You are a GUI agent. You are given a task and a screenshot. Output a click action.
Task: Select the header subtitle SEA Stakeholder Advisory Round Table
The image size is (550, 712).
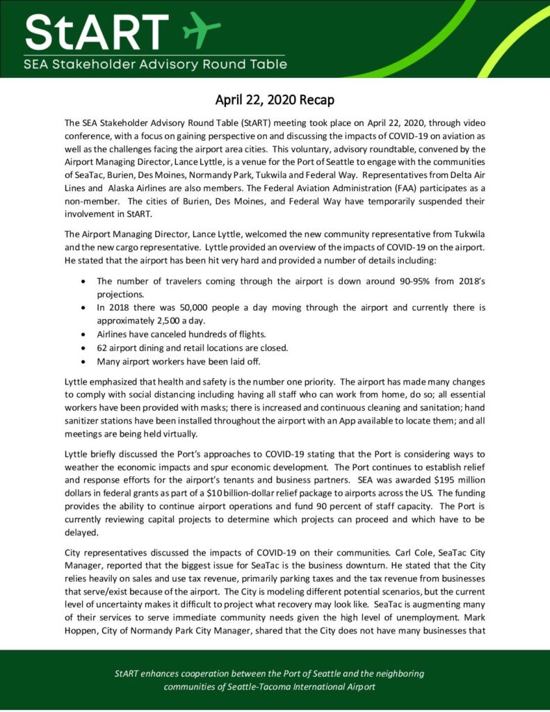(x=155, y=65)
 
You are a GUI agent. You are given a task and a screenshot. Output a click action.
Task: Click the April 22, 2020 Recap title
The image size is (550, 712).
(x=274, y=99)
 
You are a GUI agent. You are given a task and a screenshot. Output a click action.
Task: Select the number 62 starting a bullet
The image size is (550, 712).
(x=102, y=348)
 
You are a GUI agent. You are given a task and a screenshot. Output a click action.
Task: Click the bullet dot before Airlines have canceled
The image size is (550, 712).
(x=83, y=334)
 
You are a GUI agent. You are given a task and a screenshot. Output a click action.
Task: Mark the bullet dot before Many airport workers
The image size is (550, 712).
(x=83, y=362)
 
